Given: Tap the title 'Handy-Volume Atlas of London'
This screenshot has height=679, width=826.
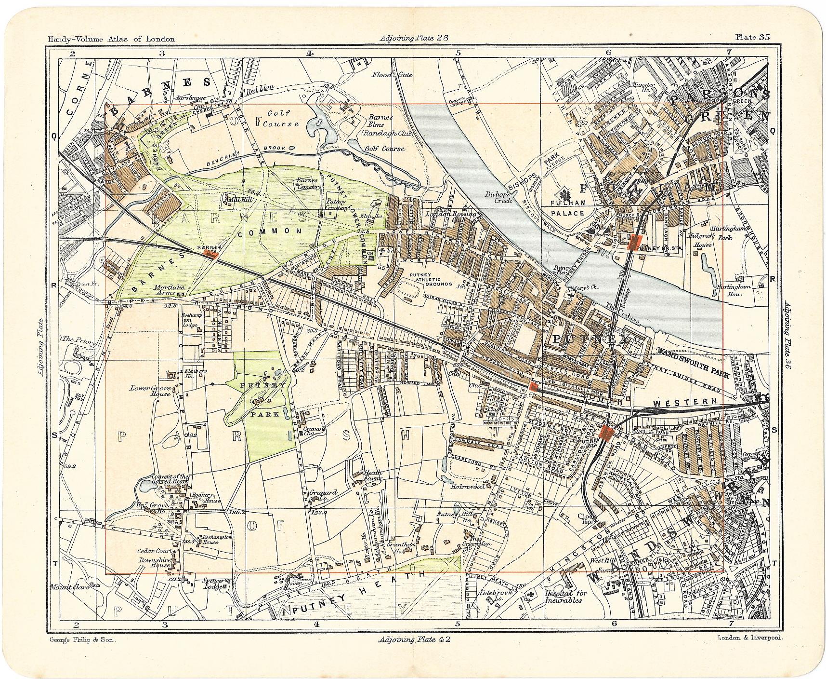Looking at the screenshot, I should [111, 40].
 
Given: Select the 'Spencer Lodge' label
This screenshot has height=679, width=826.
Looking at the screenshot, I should [213, 584].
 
